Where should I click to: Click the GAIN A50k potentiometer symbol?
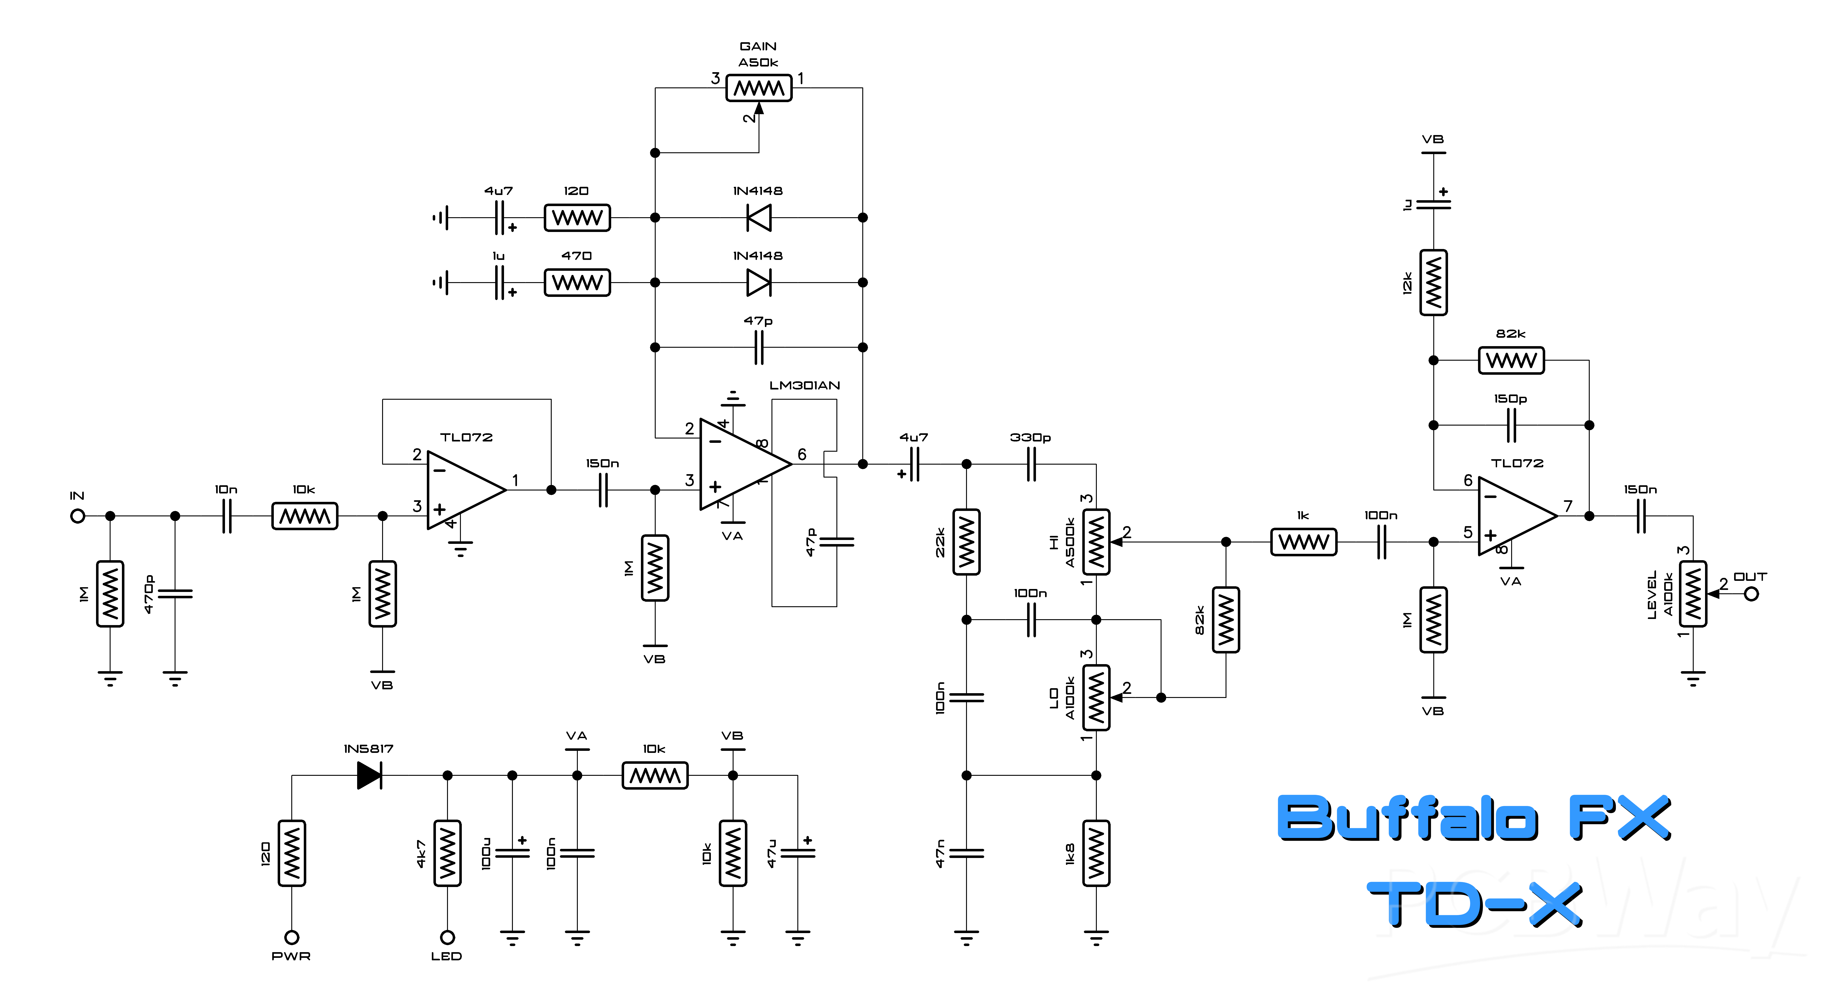[x=759, y=89]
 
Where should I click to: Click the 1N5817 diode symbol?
[x=370, y=775]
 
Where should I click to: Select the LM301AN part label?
[x=805, y=385]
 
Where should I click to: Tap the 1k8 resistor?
[x=1097, y=853]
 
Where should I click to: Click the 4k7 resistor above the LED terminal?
[x=448, y=853]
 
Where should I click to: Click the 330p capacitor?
[x=1031, y=464]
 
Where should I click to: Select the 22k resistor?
[x=967, y=542]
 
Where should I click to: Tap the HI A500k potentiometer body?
[x=1097, y=542]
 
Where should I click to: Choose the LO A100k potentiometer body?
[x=1097, y=697]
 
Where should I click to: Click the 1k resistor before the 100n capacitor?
[x=1304, y=542]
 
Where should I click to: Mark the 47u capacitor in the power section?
[x=798, y=853]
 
